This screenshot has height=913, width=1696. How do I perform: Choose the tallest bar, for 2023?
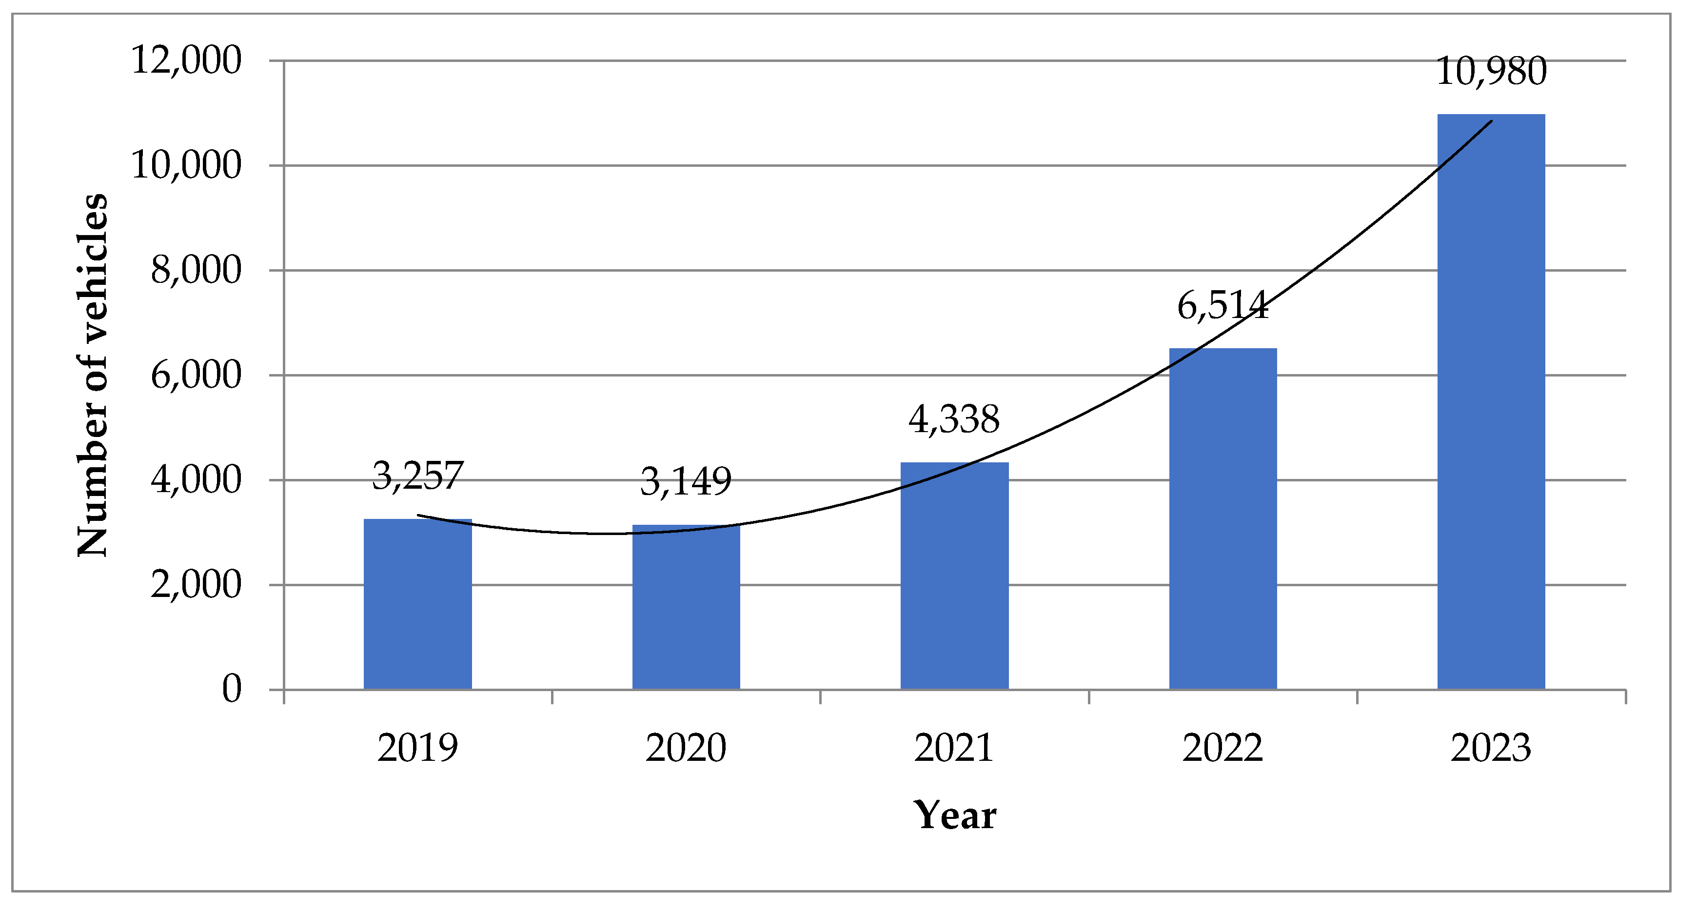(1491, 401)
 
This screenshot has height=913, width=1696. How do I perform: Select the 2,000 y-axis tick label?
(196, 585)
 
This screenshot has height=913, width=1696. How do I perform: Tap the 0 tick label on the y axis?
(232, 689)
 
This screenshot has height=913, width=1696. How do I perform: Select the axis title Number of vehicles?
(92, 375)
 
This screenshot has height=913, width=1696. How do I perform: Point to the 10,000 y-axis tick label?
(186, 165)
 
